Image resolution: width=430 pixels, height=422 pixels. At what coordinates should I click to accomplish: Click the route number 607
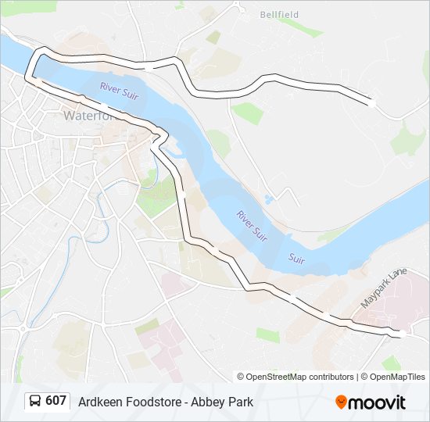(x=56, y=401)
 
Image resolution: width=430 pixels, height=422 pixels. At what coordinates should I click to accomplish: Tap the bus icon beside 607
(x=35, y=402)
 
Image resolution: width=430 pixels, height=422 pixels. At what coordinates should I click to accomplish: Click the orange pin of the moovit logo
(x=341, y=402)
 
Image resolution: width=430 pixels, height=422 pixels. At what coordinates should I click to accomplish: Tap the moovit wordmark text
(x=377, y=402)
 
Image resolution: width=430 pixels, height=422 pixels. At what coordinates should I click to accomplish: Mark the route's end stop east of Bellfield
(x=371, y=102)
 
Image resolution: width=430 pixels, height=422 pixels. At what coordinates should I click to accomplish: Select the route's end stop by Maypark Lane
(x=400, y=334)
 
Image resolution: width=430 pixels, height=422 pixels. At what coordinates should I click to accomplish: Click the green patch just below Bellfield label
(x=301, y=30)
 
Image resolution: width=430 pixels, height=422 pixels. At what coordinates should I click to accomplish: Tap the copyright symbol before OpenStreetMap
(x=241, y=377)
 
